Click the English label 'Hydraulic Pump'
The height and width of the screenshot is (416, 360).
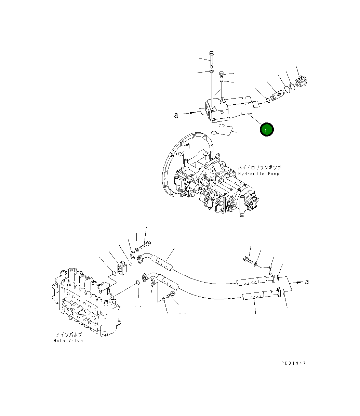click(259, 174)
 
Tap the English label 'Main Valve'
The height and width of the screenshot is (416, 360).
click(68, 341)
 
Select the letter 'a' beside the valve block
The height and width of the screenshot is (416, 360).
click(176, 115)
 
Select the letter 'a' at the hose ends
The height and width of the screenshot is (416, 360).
click(307, 282)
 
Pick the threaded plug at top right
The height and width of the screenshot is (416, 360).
click(302, 82)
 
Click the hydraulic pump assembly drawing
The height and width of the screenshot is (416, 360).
click(209, 181)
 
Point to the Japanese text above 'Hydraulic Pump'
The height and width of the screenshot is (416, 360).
click(259, 168)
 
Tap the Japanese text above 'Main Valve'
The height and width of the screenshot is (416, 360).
click(69, 335)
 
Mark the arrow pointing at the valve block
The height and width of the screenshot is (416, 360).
click(193, 112)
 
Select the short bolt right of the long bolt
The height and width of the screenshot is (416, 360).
click(221, 74)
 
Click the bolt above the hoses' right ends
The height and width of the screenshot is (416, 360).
click(249, 261)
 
